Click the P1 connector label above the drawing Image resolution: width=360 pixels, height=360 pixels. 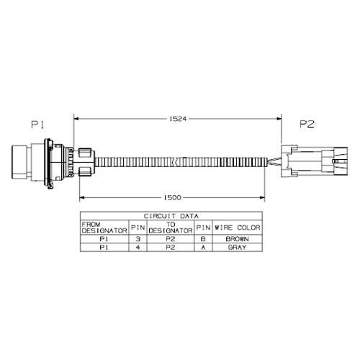[x=37, y=125]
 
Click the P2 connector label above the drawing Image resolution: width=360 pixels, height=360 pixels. [x=307, y=124]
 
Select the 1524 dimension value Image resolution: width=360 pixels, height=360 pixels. [x=178, y=119]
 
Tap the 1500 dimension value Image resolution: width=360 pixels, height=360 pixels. [x=172, y=197]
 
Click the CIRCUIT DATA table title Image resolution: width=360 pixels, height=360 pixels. [x=171, y=216]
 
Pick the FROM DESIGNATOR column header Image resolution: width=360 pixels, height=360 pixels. [x=104, y=228]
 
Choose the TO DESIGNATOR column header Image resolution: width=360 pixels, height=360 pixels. [x=171, y=228]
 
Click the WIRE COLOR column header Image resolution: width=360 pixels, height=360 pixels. [x=238, y=228]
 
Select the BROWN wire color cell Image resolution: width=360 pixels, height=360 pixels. [x=237, y=239]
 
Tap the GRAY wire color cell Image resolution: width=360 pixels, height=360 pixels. [x=237, y=247]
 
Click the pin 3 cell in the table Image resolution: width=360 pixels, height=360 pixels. [x=138, y=239]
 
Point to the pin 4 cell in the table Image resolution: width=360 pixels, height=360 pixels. [x=138, y=247]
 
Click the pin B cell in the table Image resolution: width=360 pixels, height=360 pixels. [x=203, y=239]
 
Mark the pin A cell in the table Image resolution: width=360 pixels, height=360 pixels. [x=203, y=247]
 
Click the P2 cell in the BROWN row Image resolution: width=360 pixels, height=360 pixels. [x=171, y=239]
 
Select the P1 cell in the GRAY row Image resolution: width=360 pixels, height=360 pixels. [x=104, y=247]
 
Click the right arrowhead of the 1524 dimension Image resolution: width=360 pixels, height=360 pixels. [x=279, y=118]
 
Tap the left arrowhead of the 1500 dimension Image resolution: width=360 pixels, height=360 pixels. [x=82, y=197]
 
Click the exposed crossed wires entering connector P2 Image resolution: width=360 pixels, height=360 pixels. [x=274, y=161]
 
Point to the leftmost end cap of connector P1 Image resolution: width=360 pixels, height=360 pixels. [x=19, y=162]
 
